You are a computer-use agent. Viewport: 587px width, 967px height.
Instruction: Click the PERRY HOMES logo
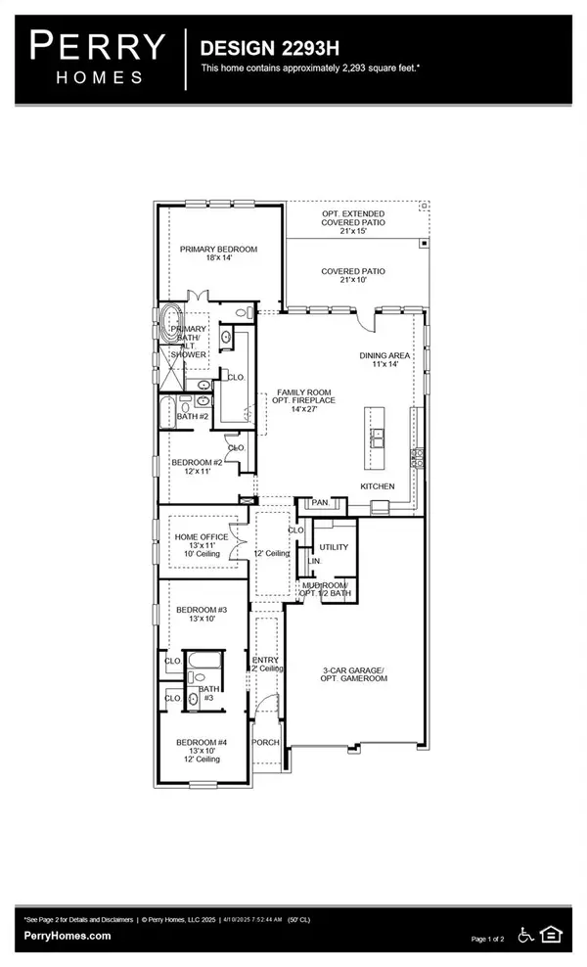point(97,57)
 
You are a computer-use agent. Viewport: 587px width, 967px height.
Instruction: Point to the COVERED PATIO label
point(353,271)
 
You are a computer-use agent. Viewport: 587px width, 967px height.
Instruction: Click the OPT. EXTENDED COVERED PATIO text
point(353,220)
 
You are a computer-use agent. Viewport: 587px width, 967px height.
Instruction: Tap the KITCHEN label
point(377,485)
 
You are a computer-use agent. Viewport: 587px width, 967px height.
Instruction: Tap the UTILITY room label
point(334,547)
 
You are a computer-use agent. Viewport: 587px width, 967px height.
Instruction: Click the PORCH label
point(266,742)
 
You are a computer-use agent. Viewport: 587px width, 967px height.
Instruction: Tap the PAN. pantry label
point(320,503)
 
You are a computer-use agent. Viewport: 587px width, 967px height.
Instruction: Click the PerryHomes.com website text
point(68,936)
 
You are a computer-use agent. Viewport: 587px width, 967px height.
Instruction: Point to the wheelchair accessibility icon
point(525,935)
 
